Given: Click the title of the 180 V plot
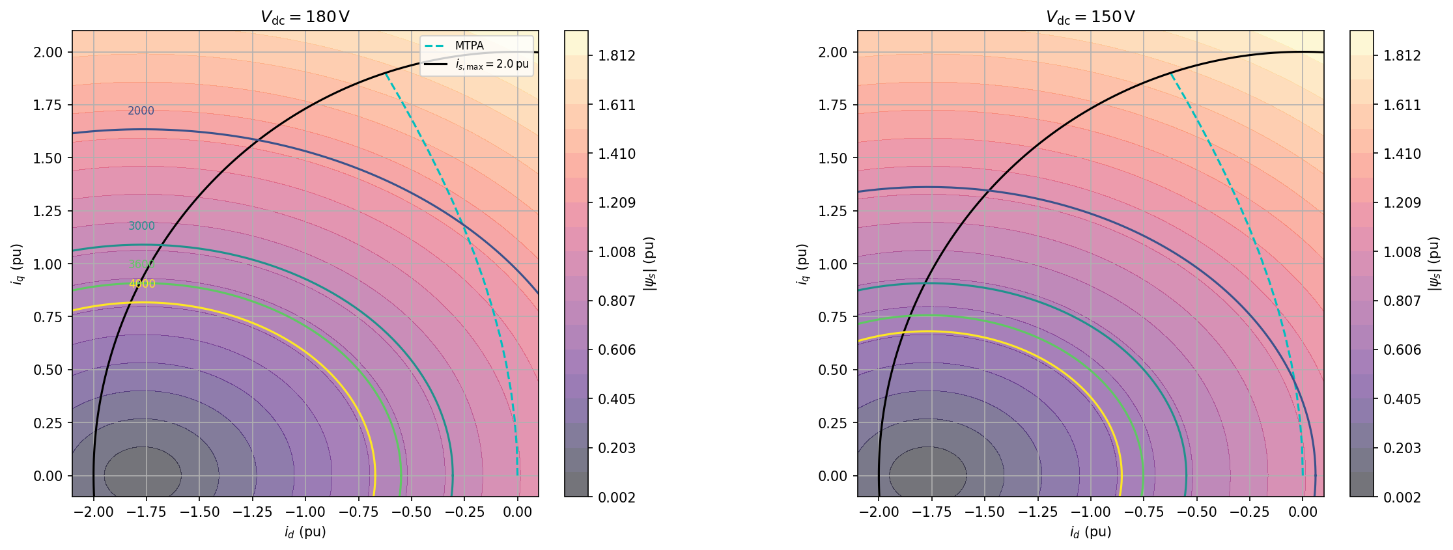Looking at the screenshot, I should tap(305, 17).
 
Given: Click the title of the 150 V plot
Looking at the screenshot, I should tap(1090, 17).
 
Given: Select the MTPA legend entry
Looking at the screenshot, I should tap(469, 46).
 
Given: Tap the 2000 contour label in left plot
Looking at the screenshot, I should tap(141, 111).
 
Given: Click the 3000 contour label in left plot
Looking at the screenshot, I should tap(141, 227).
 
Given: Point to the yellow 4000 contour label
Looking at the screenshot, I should tap(142, 284).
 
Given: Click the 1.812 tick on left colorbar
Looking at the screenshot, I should tap(617, 56).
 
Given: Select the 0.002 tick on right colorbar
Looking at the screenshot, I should tap(1402, 497).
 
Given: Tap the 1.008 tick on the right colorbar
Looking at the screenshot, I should tap(1402, 252).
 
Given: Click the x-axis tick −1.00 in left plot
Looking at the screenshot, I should tap(305, 512).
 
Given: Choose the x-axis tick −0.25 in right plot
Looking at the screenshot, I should tap(1249, 512).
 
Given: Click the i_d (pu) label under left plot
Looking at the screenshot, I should tap(305, 532).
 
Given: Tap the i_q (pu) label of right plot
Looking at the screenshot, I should tap(802, 264).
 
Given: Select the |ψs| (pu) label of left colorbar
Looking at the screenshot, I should tap(649, 264).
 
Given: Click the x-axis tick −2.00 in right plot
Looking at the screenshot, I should tap(879, 512).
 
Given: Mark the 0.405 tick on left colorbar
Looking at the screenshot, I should tap(617, 399).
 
